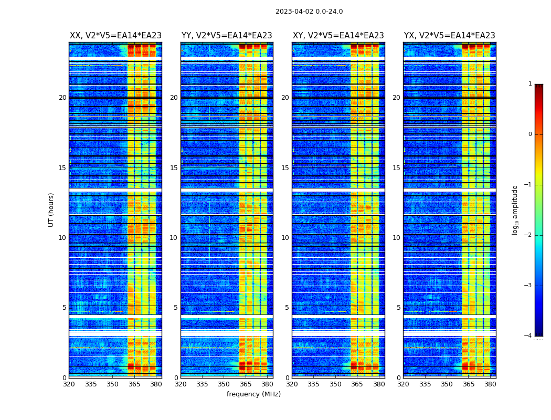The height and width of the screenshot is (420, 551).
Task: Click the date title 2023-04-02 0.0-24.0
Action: (x=309, y=12)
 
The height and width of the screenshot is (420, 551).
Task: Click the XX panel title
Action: (x=115, y=36)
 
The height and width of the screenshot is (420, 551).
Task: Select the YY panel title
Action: (x=227, y=36)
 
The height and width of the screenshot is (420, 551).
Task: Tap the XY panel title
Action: (x=338, y=36)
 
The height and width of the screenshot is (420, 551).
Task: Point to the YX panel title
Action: (x=449, y=36)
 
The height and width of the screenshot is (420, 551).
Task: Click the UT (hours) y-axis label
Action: (x=51, y=209)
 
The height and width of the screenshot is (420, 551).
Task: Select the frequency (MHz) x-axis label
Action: (x=253, y=394)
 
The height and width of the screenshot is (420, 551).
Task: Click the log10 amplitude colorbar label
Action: (x=515, y=209)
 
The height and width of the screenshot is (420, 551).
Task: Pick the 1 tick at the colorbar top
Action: (x=529, y=84)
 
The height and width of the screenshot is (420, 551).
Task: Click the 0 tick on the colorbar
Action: (x=529, y=134)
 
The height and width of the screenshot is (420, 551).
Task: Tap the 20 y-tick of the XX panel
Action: (x=62, y=98)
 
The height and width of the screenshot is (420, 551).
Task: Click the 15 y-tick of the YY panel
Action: (x=174, y=168)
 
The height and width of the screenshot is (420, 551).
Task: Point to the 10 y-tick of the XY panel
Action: (x=285, y=238)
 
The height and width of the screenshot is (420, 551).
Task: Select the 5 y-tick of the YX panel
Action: (x=399, y=308)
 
